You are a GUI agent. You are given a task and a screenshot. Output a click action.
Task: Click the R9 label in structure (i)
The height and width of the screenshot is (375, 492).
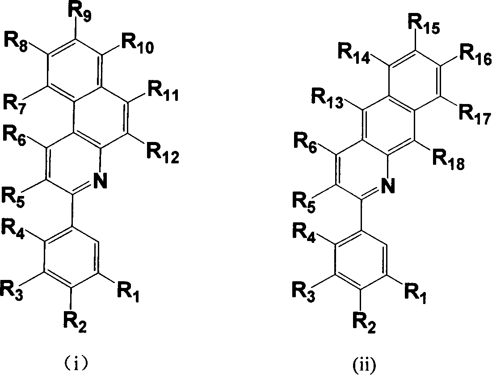click(80, 12)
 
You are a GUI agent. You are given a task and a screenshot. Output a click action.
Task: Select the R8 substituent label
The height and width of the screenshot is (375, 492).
click(16, 42)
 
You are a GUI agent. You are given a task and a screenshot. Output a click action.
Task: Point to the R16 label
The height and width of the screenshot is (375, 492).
click(475, 56)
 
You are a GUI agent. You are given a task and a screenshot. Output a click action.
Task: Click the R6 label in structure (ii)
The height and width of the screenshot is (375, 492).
click(305, 143)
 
